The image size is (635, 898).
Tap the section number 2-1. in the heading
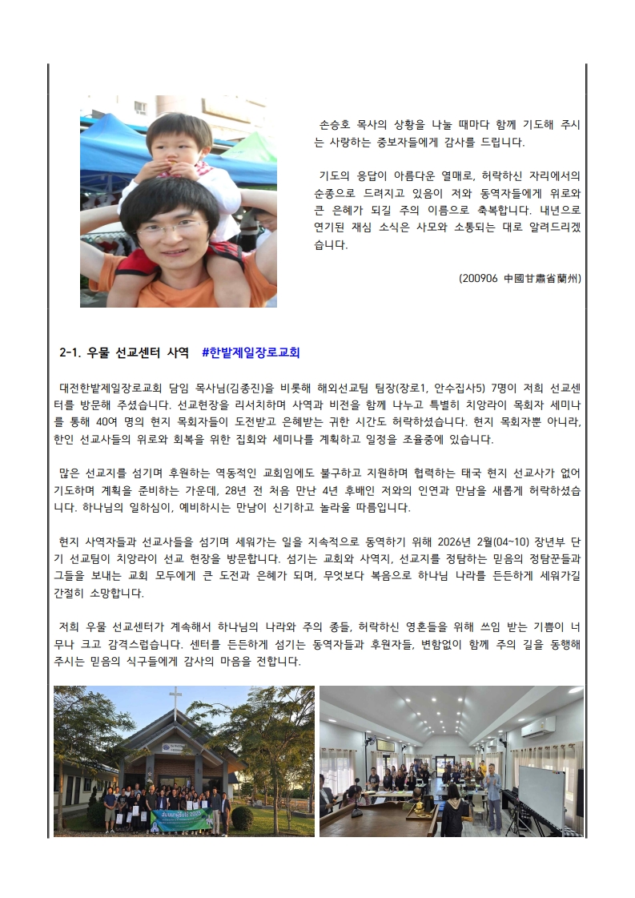74,352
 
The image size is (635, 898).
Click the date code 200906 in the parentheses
480,279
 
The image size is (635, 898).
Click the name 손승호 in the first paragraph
337,125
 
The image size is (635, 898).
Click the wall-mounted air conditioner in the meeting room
537,726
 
